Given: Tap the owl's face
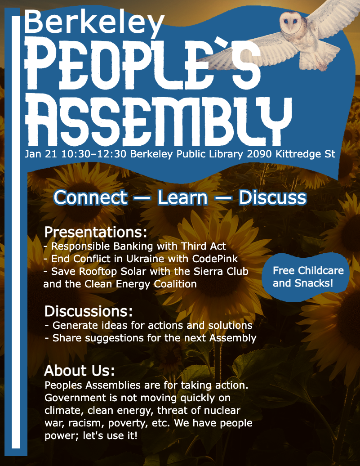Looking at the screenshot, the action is (290, 22).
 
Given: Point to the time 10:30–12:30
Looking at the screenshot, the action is (94, 154).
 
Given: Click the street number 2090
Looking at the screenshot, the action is (259, 154).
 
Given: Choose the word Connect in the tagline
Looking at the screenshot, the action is (91, 197).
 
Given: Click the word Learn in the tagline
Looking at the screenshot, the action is (182, 197).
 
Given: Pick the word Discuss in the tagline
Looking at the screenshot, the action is (272, 197).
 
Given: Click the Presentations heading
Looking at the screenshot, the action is (96, 232).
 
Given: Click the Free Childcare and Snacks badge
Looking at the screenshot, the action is (306, 277).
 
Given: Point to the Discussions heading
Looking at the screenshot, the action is (89, 311).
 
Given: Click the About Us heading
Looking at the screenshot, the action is (79, 371).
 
